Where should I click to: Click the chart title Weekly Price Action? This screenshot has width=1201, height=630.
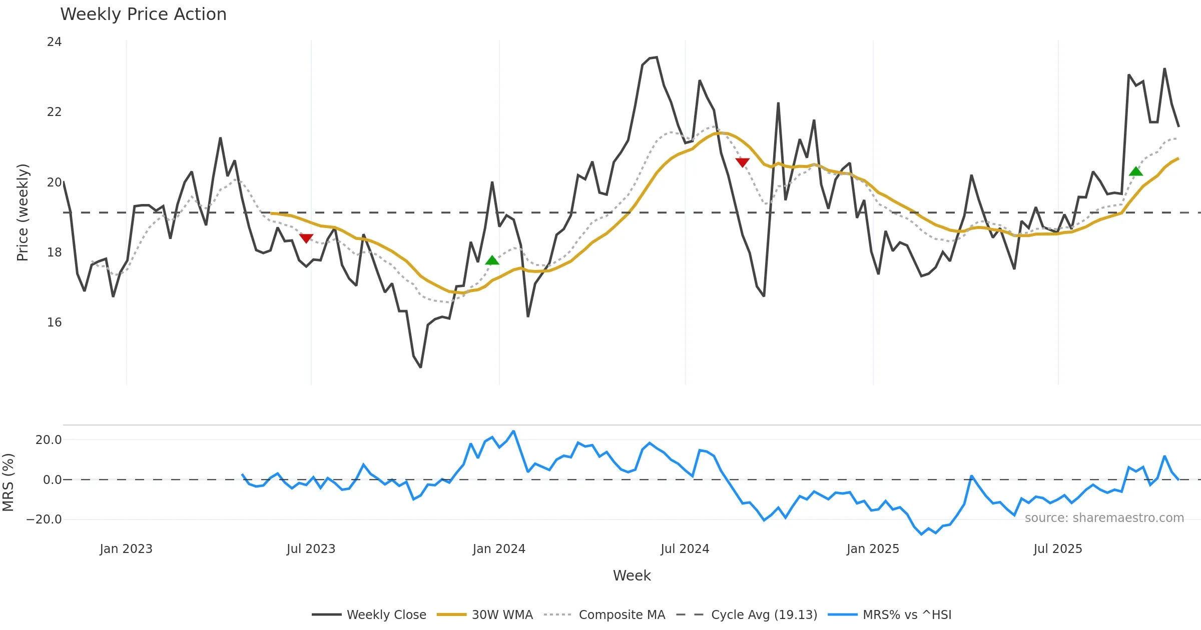click(143, 14)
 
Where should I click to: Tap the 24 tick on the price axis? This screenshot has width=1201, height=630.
click(54, 42)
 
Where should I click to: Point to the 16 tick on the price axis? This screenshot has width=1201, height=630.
click(54, 322)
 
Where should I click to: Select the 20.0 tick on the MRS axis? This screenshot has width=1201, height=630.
click(49, 440)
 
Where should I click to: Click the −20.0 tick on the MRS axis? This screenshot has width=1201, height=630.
click(44, 519)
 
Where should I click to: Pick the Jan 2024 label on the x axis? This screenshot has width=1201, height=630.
click(499, 549)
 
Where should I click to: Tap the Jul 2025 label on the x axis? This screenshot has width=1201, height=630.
click(1058, 549)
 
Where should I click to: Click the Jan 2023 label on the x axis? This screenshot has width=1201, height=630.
click(126, 549)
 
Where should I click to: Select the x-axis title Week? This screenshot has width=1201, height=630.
click(632, 576)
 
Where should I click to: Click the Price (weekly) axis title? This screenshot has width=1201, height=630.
click(23, 212)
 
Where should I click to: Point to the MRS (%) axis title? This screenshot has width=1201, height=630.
click(9, 482)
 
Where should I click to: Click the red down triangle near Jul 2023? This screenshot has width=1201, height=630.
click(306, 238)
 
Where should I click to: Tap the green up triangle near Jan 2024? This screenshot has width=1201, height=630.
click(492, 260)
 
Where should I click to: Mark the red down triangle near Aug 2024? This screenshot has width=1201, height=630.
click(743, 162)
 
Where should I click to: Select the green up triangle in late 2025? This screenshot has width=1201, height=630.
click(1136, 171)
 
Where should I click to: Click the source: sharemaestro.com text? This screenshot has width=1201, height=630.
click(1104, 518)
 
